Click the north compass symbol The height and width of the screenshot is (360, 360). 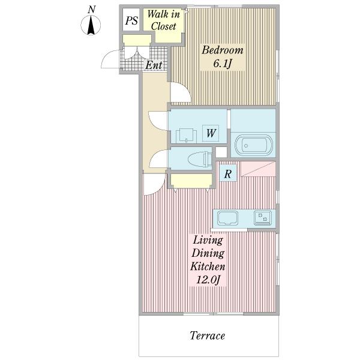coord(91,25)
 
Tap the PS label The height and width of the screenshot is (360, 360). coord(131,20)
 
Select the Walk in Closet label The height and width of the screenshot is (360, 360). coord(163,20)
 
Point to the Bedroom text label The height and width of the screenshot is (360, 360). coord(222,50)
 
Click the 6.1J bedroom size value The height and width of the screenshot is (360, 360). coord(222,64)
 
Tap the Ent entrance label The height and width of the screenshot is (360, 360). coord(154,65)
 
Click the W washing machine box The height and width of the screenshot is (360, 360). coord(211,133)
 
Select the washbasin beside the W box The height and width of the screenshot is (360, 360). coord(186,136)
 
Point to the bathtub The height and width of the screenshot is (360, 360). coord(254,145)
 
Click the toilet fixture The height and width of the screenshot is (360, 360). coord(200,158)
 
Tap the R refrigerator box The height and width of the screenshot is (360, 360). coord(227,173)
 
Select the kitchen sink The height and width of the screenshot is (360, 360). coord(227,218)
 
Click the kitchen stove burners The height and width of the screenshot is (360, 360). coord(263,217)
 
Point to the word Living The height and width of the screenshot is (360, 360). coord(208,241)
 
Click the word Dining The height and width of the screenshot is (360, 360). coord(208,253)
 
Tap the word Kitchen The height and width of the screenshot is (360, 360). coord(208,267)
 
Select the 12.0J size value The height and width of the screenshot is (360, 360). coord(208,280)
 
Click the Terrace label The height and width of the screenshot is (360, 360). coord(208,335)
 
